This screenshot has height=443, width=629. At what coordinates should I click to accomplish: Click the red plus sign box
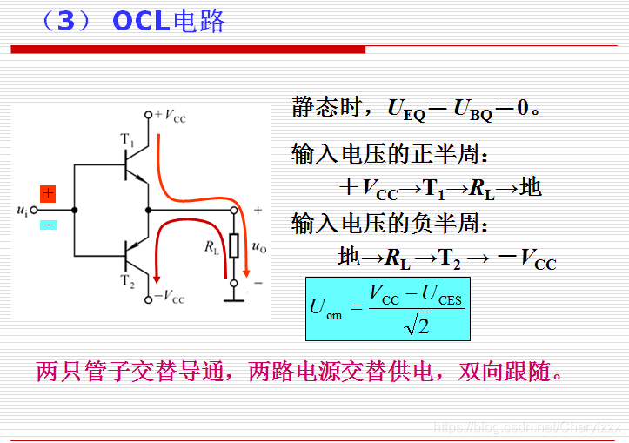click(x=48, y=192)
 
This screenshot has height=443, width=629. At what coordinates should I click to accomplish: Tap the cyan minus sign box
click(x=48, y=225)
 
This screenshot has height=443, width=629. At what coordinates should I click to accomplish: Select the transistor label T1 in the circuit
click(x=127, y=140)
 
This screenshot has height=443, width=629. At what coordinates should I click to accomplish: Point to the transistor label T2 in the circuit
click(x=127, y=280)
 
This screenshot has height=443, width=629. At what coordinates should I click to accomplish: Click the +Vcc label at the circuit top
click(x=170, y=115)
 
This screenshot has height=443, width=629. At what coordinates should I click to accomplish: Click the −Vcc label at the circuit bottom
click(x=170, y=299)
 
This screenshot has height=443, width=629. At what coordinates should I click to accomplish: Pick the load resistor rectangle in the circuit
click(x=233, y=246)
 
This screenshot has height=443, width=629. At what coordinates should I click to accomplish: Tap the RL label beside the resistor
click(x=211, y=248)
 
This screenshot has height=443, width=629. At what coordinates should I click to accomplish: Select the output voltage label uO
click(x=258, y=247)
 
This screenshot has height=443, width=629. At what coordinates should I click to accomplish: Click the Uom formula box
click(x=387, y=308)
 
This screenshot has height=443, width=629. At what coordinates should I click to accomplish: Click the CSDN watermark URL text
click(x=527, y=427)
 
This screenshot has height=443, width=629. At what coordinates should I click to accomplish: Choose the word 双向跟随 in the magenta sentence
click(x=508, y=372)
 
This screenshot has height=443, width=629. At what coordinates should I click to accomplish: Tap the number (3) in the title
click(x=65, y=21)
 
